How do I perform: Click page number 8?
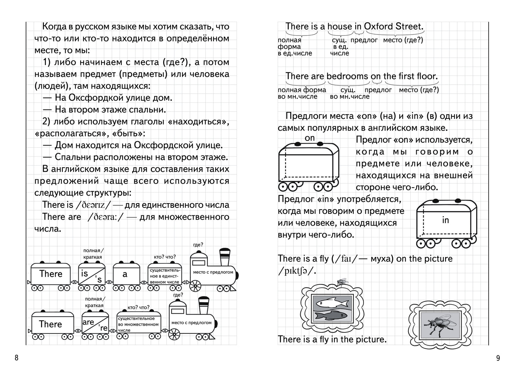click(16, 358)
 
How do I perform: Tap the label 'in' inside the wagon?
click(445, 220)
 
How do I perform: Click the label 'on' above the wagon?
click(310, 137)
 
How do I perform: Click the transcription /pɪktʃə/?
click(297, 271)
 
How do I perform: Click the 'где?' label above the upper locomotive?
click(198, 244)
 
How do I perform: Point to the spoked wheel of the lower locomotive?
click(174, 334)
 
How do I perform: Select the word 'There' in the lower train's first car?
click(51, 324)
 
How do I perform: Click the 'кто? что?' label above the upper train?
click(165, 257)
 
